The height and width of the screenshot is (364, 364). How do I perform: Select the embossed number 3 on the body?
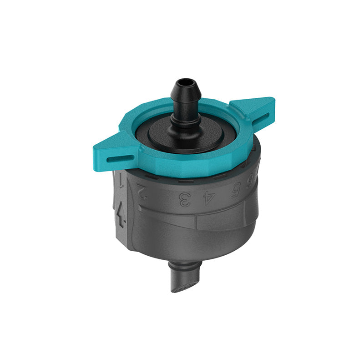pyautogui.click(x=185, y=199)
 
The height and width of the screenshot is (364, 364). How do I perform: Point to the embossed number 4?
pyautogui.click(x=208, y=196)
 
